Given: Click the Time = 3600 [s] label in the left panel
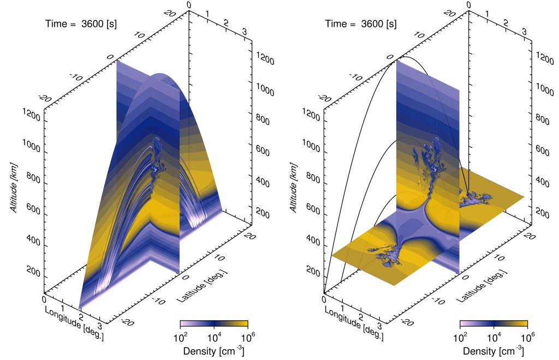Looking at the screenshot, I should click(80, 24).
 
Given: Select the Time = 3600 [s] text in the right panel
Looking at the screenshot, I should click(360, 24).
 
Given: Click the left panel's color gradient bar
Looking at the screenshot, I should click(214, 323).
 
